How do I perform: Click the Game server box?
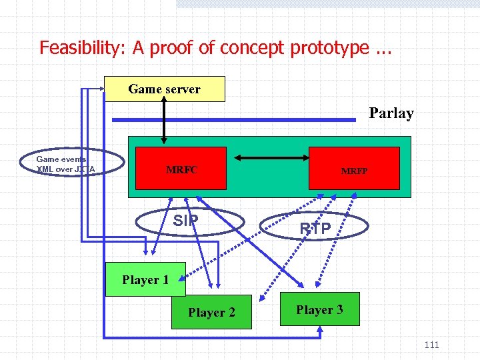[x=165, y=89]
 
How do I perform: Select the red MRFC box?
[x=182, y=170]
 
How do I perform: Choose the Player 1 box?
[x=145, y=280]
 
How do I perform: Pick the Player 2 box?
[x=211, y=312]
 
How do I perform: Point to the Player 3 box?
[x=320, y=309]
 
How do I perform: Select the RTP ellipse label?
[x=315, y=229]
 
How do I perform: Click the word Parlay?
[x=391, y=113]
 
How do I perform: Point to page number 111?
[x=431, y=345]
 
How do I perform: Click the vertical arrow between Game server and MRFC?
[x=164, y=123]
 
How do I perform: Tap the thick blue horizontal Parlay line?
[x=233, y=120]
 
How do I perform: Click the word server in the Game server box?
[x=182, y=89]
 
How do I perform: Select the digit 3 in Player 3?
[x=339, y=309]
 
